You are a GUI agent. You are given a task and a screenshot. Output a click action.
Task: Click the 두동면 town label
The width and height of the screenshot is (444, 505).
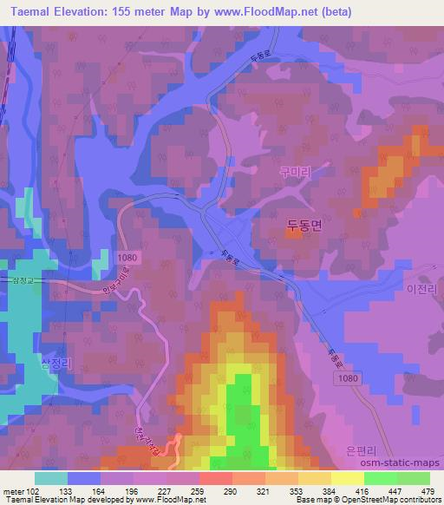coord(304,224)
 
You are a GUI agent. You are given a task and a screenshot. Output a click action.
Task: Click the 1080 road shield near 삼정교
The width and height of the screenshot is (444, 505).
coord(126,258)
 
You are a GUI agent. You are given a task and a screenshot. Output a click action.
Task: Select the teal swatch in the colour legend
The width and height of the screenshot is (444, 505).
coord(51,477)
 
